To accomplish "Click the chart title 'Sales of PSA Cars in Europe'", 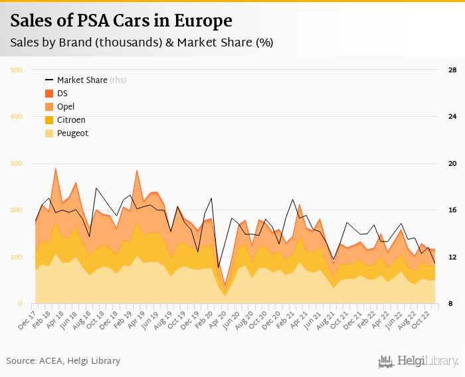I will coord(121,21).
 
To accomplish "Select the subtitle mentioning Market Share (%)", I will coord(141,42).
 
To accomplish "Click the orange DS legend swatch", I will coord(48,94).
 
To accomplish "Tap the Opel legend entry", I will coord(66,107).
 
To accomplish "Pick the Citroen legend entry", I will coord(71,120).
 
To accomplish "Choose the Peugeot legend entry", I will coord(72,133).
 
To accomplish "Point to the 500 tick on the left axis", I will coord(17,70).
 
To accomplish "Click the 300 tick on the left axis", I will coord(17,163).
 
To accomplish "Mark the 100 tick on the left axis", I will coord(17,257).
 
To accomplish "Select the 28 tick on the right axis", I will coord(452,70).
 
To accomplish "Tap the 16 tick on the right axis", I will coord(452,210).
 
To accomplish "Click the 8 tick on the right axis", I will coord(451,304).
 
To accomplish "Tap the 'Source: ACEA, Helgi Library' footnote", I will coord(63,361).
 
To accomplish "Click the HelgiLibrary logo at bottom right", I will coord(418,361).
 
